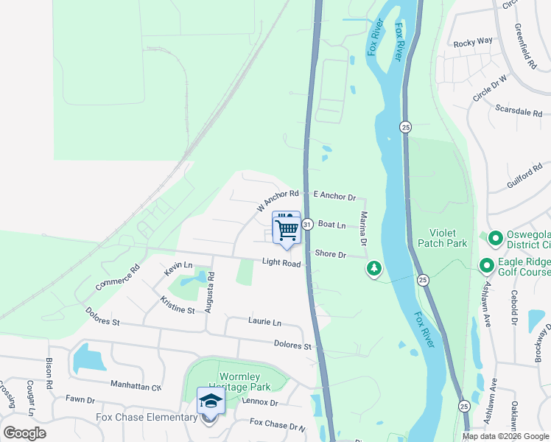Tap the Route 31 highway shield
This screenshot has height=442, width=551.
pos(307,224)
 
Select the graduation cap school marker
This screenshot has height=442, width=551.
pos(211,402)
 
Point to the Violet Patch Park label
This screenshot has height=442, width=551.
pos(442,236)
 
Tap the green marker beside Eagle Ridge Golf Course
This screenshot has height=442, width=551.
pos(486,264)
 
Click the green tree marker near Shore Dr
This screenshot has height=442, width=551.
pos(374,269)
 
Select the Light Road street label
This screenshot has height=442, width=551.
pos(281,263)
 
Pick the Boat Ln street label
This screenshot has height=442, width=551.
pos(331,225)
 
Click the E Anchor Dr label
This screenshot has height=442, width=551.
pos(334,197)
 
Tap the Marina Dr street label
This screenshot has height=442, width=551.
pos(363,228)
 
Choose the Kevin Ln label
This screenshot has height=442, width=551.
pos(178,269)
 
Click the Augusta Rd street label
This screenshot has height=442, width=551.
pos(210,292)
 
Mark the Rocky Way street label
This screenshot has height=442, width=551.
pos(473,42)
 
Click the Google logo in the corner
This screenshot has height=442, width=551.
pos(24,432)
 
